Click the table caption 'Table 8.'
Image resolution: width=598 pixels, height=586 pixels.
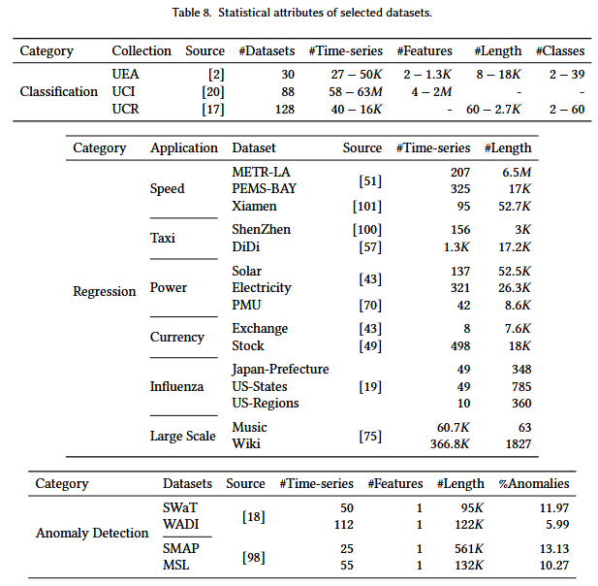[192, 13]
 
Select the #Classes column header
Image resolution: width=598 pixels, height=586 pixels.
[560, 50]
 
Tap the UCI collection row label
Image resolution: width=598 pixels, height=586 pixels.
[123, 91]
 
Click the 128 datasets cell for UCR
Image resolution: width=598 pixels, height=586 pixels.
[285, 110]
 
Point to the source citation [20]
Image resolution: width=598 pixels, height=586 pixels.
[213, 91]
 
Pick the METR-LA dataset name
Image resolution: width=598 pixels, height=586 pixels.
[261, 172]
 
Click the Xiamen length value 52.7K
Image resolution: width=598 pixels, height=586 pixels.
[515, 206]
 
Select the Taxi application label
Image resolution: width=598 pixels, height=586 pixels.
[163, 238]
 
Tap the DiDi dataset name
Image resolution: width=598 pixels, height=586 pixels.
[246, 246]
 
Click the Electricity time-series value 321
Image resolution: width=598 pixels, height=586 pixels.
[460, 287]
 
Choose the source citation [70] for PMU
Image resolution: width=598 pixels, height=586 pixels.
[370, 305]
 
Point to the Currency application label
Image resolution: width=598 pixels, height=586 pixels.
[177, 337]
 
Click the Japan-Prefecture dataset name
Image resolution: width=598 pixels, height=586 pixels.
[280, 370]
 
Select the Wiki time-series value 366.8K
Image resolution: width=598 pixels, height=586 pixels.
[450, 443]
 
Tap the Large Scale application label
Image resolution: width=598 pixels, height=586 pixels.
[182, 436]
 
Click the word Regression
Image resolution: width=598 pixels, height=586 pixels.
[105, 291]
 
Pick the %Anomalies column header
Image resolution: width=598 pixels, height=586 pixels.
[534, 483]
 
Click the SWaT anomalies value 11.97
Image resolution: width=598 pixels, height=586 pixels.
[554, 507]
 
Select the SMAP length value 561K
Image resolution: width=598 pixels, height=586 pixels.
[469, 548]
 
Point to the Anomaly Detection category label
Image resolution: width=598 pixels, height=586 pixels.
[92, 533]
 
